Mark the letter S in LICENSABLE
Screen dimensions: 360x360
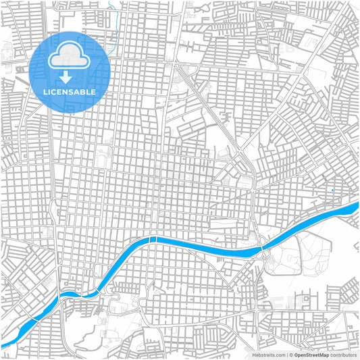point(73,91)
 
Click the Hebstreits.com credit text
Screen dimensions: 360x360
point(268,354)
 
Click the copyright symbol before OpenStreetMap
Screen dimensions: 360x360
point(290,354)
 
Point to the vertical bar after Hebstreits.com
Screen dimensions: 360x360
point(286,354)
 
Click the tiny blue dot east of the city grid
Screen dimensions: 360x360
point(333,190)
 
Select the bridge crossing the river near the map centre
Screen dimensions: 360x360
point(154,240)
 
